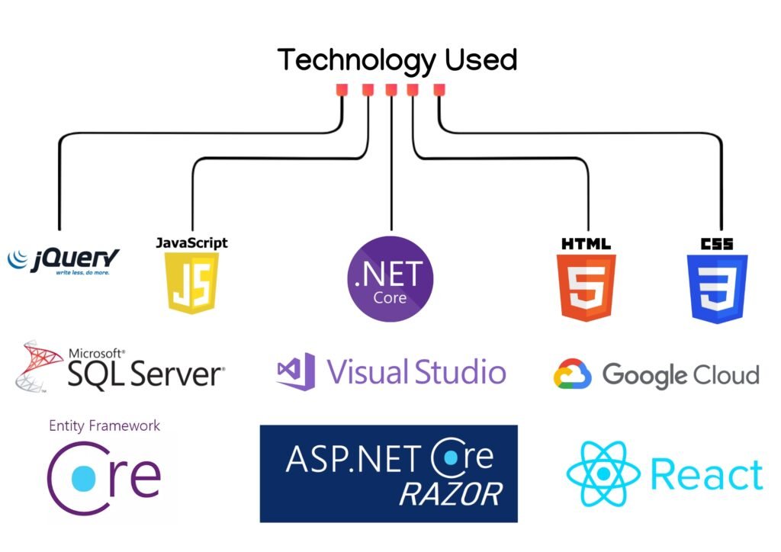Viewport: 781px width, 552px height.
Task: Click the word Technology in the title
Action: [355, 61]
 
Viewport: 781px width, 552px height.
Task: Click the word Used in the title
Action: [480, 59]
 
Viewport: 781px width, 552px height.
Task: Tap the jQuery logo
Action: [63, 261]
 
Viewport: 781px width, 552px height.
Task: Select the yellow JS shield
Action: [192, 283]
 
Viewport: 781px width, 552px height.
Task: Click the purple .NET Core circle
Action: [390, 279]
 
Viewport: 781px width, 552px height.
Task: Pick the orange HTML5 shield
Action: [587, 287]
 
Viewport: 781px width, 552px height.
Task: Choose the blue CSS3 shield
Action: [717, 289]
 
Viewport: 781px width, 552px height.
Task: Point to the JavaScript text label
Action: [191, 243]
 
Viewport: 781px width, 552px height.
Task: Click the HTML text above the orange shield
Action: [587, 244]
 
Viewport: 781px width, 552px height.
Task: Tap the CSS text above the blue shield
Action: [717, 244]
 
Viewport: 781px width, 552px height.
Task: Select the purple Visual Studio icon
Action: [296, 371]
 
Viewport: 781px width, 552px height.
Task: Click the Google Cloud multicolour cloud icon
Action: [572, 374]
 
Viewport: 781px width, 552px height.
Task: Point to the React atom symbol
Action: [603, 474]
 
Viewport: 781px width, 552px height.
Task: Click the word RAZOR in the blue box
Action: [451, 494]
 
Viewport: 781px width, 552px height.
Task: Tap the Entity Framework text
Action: [104, 426]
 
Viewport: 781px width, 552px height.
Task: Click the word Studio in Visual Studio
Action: [461, 372]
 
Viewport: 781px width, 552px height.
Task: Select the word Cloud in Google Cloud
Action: [727, 374]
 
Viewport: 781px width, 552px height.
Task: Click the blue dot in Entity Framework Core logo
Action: [84, 478]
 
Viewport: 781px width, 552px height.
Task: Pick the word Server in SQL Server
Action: [177, 374]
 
